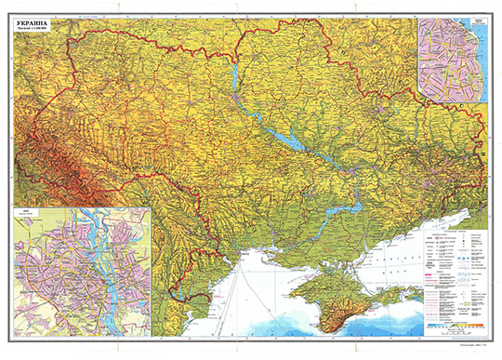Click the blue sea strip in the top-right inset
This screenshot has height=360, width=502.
click(482, 56)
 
